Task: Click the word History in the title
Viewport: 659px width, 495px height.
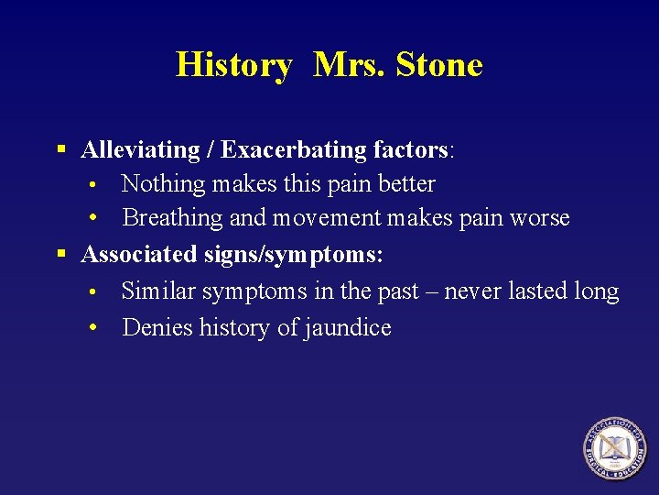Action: [x=233, y=65]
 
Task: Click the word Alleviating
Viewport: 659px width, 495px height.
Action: [x=140, y=149]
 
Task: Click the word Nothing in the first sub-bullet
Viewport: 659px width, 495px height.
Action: [x=163, y=183]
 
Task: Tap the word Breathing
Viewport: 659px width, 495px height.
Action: [x=173, y=218]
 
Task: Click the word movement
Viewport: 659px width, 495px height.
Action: [x=327, y=219]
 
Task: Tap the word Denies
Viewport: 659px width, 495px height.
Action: [x=155, y=327]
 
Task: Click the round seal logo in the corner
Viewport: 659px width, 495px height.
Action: [x=616, y=448]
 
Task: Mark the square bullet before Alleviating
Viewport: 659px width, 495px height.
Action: [x=61, y=148]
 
